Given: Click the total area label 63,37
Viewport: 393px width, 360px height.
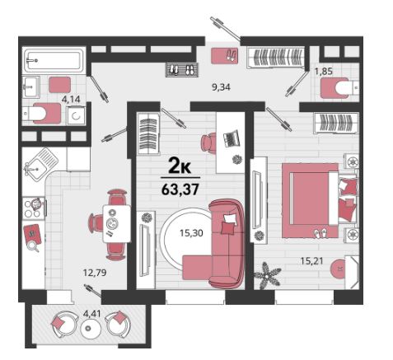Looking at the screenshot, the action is (x=180, y=189).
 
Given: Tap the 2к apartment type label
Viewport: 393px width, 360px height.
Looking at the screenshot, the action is (x=180, y=166).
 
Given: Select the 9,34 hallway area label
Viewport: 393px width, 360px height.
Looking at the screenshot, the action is (x=221, y=87).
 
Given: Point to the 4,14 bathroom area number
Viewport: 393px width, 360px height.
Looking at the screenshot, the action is (x=71, y=99).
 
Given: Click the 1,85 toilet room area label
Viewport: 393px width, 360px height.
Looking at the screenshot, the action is (x=324, y=72).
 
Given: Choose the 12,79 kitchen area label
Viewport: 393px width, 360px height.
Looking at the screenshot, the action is (x=95, y=273).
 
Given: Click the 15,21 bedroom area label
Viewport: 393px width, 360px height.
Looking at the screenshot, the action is (x=311, y=260).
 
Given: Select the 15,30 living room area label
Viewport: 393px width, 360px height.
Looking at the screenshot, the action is (x=191, y=233).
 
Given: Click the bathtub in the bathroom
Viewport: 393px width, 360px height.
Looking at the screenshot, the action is (x=54, y=60).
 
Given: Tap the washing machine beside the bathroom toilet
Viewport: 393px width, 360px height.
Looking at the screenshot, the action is (x=76, y=115).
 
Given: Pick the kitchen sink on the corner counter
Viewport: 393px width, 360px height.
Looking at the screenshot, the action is (x=39, y=164).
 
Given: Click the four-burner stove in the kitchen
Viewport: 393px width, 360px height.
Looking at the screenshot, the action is (x=34, y=208).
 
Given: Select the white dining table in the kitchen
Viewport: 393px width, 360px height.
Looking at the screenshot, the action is (x=116, y=223).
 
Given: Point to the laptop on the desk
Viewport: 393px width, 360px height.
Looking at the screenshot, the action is (x=232, y=139).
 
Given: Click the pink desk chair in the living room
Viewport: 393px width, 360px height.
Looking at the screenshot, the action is (x=208, y=142).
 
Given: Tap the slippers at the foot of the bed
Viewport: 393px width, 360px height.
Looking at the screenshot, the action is (x=320, y=233).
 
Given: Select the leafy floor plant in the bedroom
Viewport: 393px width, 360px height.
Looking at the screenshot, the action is (x=267, y=274).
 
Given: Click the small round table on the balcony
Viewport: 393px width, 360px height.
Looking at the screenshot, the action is (x=88, y=328).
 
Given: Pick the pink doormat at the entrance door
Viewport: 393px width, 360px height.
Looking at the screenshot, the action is (x=224, y=56).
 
